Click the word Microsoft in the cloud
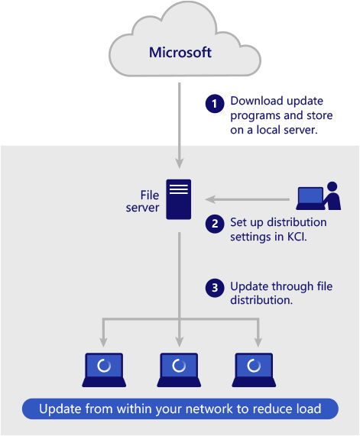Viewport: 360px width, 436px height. click(x=180, y=52)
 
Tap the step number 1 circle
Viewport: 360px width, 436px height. click(x=215, y=104)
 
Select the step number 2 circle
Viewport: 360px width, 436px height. click(x=215, y=224)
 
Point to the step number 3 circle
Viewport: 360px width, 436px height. click(x=215, y=288)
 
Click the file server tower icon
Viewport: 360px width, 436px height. click(x=178, y=199)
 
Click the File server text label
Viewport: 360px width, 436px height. click(x=143, y=202)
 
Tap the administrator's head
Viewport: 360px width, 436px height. click(x=332, y=186)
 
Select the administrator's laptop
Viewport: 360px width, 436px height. click(x=310, y=199)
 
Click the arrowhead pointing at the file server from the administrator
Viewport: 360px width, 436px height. click(x=210, y=199)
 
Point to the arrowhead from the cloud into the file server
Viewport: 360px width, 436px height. click(x=180, y=163)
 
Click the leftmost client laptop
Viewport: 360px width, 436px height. click(x=104, y=370)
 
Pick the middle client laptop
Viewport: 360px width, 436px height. click(x=179, y=370)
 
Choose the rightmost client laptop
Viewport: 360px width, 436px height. click(x=254, y=370)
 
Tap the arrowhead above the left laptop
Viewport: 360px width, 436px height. click(x=104, y=342)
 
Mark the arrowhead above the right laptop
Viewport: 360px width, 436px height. click(x=258, y=342)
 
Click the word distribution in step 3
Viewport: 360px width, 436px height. click(x=261, y=300)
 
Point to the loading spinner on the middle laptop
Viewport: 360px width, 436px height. click(x=179, y=366)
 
